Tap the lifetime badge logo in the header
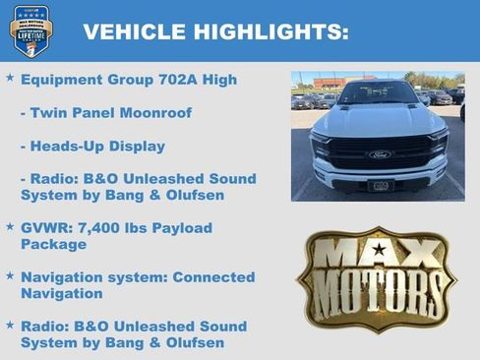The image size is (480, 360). pyautogui.click(x=30, y=30)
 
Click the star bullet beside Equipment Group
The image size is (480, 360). pyautogui.click(x=10, y=78)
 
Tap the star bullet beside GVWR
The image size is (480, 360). pyautogui.click(x=10, y=226)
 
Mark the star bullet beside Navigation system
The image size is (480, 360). pyautogui.click(x=10, y=275)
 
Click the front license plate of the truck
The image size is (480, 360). pyautogui.click(x=380, y=185)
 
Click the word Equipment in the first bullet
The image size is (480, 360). pyautogui.click(x=63, y=80)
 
